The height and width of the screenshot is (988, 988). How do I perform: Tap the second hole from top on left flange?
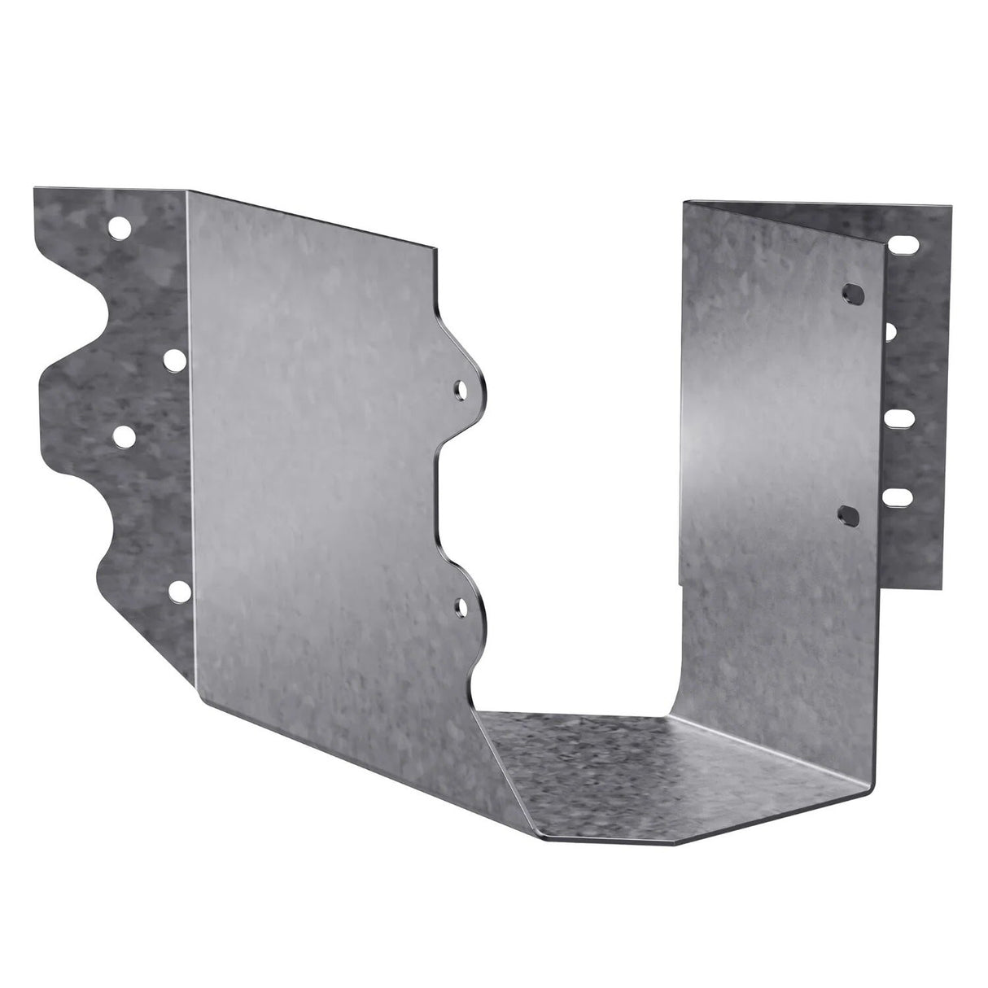174,357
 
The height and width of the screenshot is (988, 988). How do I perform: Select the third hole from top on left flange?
124,436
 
